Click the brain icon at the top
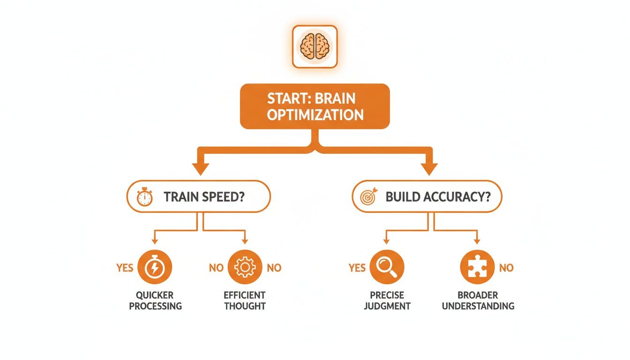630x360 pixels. (315, 46)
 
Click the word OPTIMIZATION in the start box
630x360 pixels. (315, 114)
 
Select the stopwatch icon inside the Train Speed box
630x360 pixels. (144, 197)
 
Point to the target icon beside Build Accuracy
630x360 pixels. (368, 197)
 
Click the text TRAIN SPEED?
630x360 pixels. (204, 197)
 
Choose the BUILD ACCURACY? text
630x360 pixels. (438, 197)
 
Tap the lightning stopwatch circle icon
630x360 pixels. (155, 268)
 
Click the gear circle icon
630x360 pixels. (244, 268)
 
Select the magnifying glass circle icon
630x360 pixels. (387, 268)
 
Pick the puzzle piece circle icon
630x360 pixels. (477, 268)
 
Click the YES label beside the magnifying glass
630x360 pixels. (357, 268)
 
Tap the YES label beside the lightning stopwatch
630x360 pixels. (125, 268)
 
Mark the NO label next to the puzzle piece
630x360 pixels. (506, 268)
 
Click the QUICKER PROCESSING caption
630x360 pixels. (155, 300)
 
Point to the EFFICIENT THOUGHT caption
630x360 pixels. (245, 300)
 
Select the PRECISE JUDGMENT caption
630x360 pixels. (387, 300)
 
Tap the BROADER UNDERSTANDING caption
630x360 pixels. (478, 300)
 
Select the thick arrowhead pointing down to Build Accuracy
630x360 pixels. (428, 168)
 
